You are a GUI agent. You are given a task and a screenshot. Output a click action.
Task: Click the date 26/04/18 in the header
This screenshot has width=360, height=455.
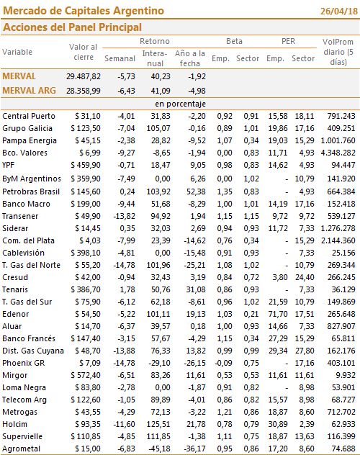339,11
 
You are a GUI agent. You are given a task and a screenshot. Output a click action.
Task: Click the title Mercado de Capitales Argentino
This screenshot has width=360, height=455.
84,11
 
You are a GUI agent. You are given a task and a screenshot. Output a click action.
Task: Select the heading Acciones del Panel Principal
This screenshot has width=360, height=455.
72,27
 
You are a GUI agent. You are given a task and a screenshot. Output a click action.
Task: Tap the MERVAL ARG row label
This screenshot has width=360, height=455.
29,91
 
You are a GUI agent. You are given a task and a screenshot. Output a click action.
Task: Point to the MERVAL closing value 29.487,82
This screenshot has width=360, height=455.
84,76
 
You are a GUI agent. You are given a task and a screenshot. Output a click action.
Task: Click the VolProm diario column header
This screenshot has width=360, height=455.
338,52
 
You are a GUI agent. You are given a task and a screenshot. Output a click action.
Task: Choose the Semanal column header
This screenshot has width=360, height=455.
120,58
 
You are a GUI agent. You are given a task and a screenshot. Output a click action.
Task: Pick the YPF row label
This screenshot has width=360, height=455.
8,165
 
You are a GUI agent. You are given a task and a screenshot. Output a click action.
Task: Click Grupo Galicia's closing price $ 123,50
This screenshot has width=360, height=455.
86,128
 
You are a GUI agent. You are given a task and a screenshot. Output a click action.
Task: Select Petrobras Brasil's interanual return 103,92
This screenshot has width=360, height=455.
158,192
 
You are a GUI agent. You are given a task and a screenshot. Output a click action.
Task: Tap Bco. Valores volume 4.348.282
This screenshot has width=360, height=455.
338,153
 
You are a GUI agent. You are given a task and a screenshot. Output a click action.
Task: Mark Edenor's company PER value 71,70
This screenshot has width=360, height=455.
278,314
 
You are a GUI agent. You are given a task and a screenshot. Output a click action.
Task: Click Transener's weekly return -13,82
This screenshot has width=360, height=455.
124,216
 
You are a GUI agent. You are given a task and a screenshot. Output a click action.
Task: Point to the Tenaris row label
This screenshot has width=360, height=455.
15,289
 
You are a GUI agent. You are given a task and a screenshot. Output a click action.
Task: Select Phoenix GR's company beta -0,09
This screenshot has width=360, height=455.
223,363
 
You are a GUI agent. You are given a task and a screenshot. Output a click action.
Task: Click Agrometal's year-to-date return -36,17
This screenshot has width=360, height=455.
194,449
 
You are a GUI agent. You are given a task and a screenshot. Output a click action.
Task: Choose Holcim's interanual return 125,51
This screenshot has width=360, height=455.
158,424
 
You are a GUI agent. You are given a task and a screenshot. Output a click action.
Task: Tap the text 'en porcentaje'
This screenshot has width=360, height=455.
180,104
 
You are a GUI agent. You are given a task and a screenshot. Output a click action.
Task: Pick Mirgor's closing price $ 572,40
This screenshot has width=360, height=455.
86,375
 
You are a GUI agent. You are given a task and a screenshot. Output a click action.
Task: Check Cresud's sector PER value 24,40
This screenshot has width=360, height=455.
305,277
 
